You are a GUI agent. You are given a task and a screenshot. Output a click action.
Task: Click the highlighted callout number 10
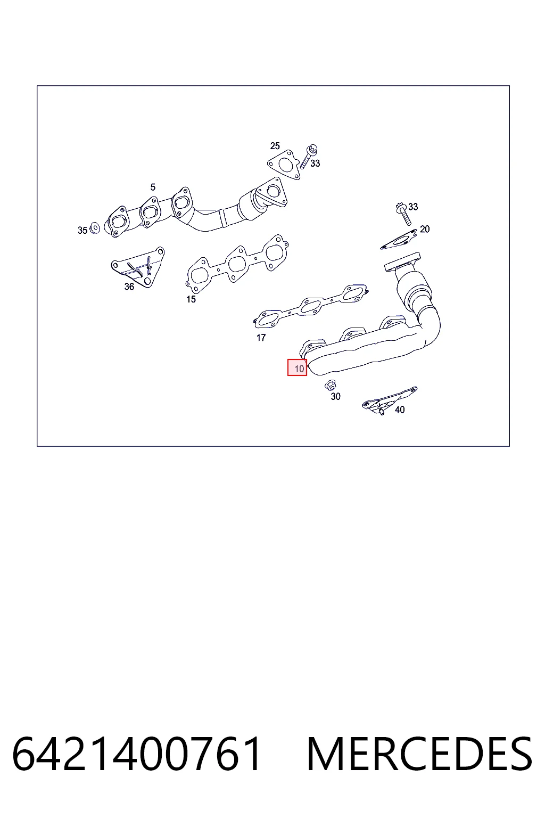tap(297, 368)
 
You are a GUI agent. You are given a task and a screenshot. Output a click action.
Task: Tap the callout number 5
tap(153, 187)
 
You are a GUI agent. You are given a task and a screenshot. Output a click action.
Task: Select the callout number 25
tap(275, 146)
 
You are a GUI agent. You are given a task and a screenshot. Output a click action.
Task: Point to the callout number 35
tap(82, 231)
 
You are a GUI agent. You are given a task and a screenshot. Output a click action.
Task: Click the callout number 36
tap(129, 287)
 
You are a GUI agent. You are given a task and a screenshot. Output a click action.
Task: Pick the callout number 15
tap(191, 299)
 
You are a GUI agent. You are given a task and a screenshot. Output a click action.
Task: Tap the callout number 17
tap(261, 338)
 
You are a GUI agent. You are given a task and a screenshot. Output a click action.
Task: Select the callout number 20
tap(425, 230)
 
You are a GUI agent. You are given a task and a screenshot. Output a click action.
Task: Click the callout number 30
tap(335, 397)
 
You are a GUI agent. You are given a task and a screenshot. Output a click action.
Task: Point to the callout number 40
tap(400, 410)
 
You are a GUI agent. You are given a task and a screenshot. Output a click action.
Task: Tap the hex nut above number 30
tap(331, 385)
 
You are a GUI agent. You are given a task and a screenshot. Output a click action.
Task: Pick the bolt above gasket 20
tap(403, 213)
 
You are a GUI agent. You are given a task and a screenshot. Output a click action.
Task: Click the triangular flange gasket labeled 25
tap(284, 165)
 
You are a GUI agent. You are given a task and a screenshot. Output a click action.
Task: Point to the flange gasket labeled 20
tap(399, 239)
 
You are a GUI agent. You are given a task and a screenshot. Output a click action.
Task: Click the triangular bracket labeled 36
tap(138, 267)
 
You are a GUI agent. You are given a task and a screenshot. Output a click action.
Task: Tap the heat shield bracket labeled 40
tap(389, 400)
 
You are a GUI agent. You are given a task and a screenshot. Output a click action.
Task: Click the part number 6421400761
tap(137, 754)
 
